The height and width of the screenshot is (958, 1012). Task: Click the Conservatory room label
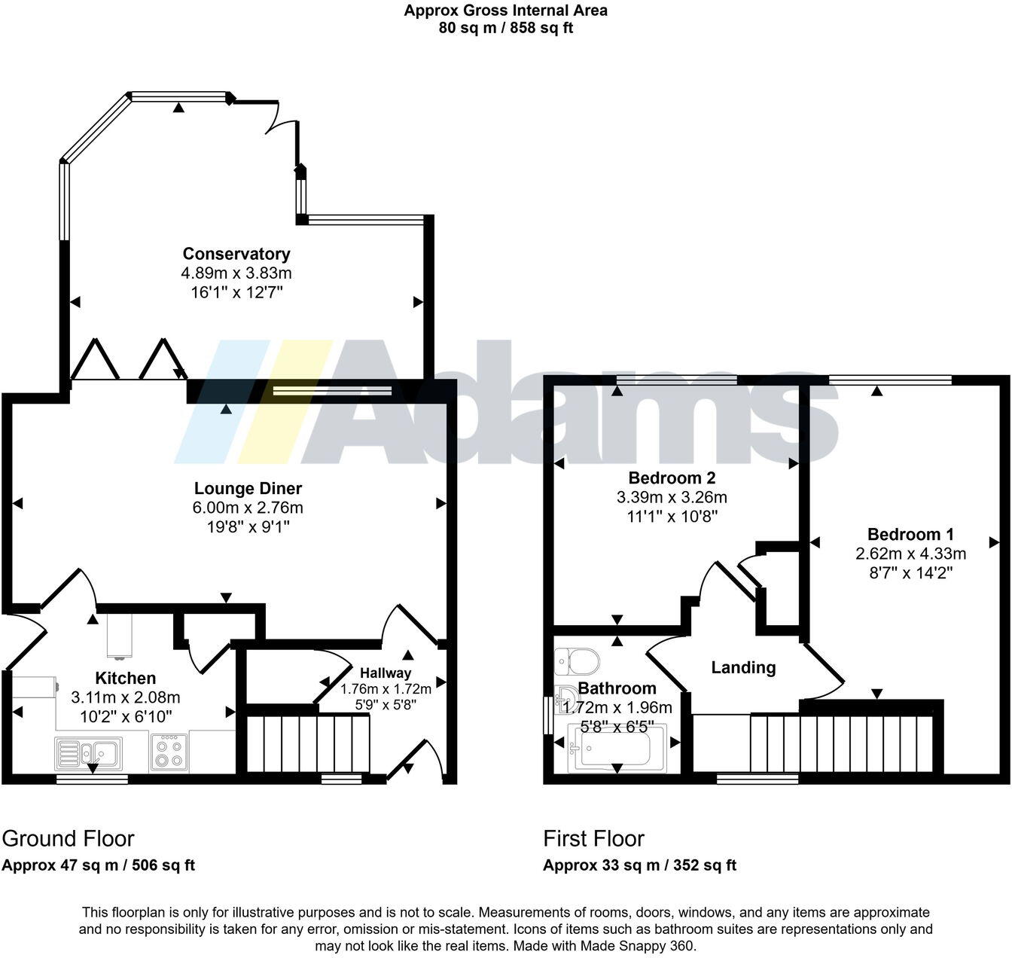tap(236, 254)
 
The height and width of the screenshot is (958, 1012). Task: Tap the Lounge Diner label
tap(248, 489)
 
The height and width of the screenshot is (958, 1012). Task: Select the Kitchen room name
tap(125, 678)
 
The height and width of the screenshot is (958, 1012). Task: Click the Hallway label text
tap(386, 673)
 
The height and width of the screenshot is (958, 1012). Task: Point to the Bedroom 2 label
tap(672, 477)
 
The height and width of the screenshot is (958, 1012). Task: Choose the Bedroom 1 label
tap(910, 534)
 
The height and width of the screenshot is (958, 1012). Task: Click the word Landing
tap(743, 667)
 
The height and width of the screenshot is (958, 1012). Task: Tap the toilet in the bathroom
tap(577, 662)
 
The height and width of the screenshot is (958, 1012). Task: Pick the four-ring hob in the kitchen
tap(168, 752)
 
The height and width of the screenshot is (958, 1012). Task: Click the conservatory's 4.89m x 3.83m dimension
tap(236, 273)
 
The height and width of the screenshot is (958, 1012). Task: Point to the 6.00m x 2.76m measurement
tap(248, 508)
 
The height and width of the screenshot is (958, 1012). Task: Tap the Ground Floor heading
tap(68, 838)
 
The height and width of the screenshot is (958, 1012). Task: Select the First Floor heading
tap(593, 838)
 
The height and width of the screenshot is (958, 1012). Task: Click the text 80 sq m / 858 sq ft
tap(505, 29)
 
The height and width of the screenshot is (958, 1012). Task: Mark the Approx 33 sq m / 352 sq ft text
tap(639, 865)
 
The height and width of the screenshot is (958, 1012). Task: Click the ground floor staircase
tap(309, 744)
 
